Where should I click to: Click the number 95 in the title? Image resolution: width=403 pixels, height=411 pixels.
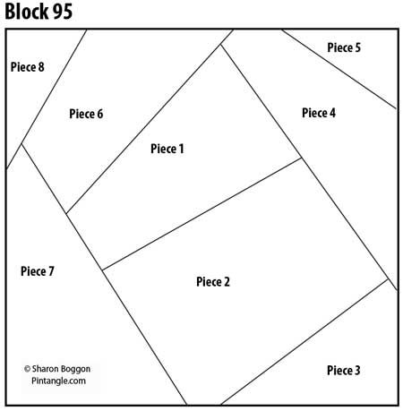pos(63,12)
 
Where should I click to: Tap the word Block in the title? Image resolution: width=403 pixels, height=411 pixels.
pos(27,12)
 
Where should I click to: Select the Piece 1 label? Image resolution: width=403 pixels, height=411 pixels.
pos(167,149)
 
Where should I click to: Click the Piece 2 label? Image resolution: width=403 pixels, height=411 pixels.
pos(213,281)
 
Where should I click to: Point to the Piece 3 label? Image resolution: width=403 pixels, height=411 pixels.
pos(344,370)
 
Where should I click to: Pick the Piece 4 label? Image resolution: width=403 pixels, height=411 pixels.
pos(319,113)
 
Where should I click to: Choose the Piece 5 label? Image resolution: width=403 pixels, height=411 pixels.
pos(344,47)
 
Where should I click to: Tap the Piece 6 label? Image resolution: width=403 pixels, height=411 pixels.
pos(86,114)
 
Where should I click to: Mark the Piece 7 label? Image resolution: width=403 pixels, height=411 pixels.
pos(38,271)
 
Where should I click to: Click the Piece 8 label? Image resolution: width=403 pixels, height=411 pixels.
pos(28,66)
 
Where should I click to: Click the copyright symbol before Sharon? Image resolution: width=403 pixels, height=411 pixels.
pos(27,369)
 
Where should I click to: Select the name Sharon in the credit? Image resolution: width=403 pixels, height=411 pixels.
pos(45,369)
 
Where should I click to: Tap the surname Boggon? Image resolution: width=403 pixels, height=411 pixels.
pos(75,370)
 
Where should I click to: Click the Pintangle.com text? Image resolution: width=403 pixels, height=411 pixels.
pos(58,381)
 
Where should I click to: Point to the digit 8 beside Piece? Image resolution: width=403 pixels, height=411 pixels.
pos(41,67)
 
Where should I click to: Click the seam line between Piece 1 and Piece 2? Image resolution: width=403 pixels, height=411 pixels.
pos(201,214)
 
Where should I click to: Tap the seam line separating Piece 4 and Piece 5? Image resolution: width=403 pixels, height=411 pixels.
pos(339,69)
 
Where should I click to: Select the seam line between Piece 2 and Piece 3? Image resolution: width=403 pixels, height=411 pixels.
pos(304,342)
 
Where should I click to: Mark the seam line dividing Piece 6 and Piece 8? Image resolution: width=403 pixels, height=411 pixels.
pos(47,99)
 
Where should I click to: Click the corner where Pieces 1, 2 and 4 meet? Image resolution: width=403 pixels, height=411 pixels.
pos(301,158)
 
